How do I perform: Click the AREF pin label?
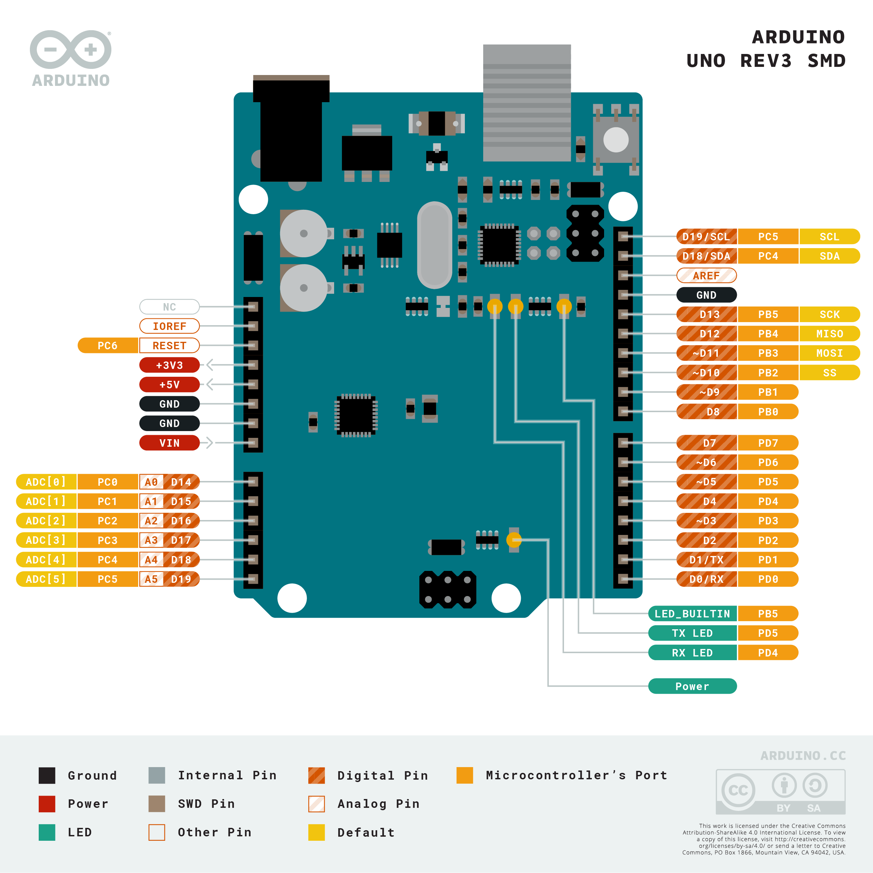coord(706,275)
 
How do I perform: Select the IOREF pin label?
coord(169,326)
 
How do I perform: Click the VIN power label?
coord(169,443)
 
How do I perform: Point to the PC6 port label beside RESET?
coord(108,346)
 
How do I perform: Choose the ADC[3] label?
coord(46,540)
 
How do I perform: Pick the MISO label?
coord(829,333)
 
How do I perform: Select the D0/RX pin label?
coord(706,579)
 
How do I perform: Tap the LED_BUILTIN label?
coord(692,614)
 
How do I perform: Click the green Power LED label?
coord(692,686)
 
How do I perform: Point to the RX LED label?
coord(692,652)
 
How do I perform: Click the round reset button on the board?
coord(616,140)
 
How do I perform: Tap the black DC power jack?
coord(291,131)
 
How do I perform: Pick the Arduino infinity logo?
coord(71,50)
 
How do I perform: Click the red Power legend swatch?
coord(47,804)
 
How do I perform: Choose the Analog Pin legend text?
coord(378,804)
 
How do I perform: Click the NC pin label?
coord(169,307)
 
